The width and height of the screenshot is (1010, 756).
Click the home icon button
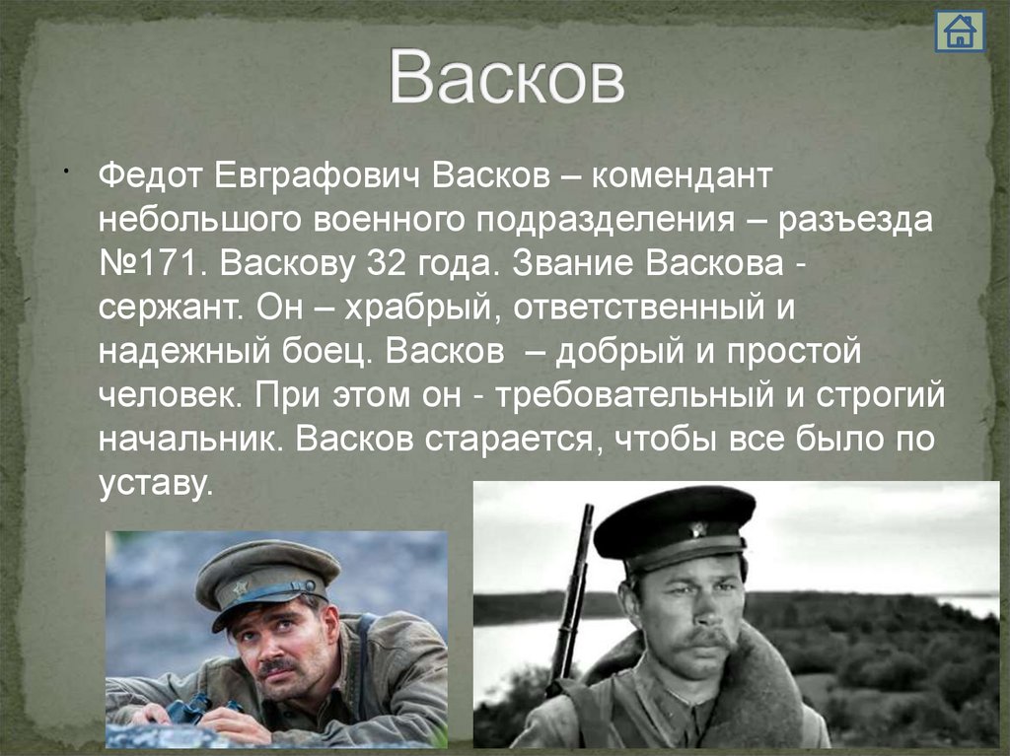(958, 33)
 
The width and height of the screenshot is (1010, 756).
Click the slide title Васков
(506, 78)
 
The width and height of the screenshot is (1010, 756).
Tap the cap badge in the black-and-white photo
(699, 529)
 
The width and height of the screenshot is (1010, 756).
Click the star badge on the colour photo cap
(241, 587)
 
